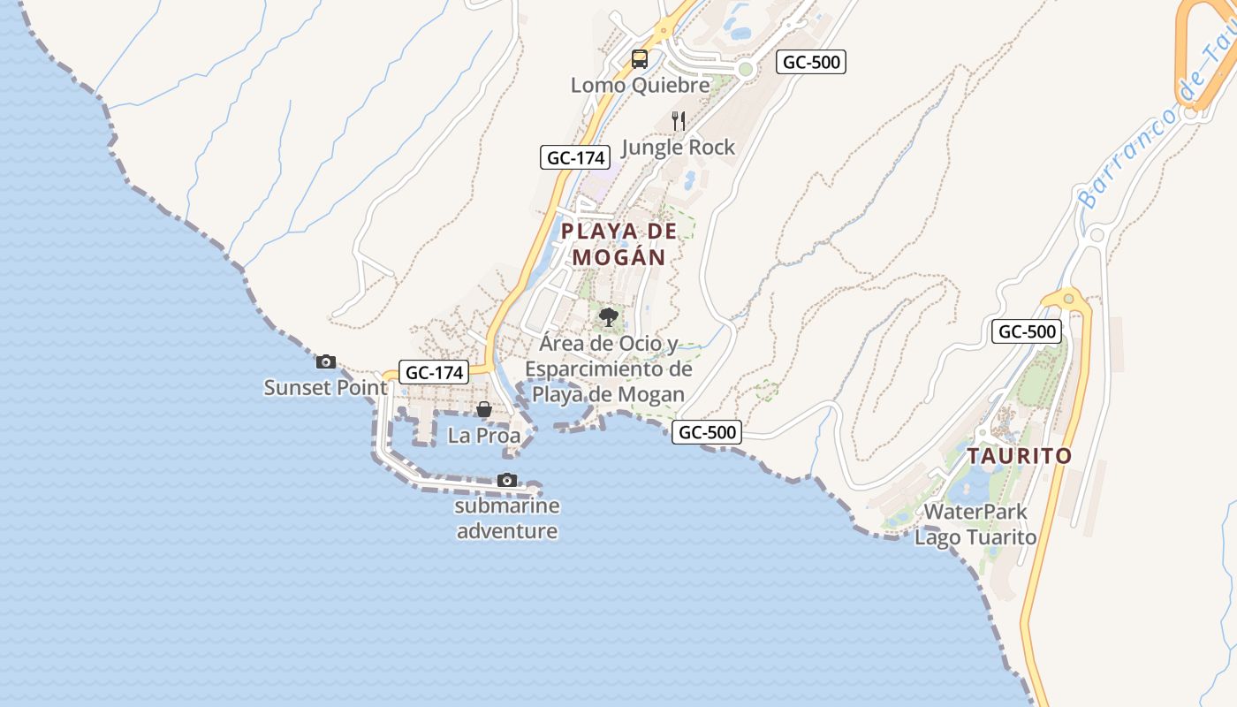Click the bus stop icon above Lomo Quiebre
tap(639, 59)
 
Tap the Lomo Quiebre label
tap(640, 86)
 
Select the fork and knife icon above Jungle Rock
tap(679, 121)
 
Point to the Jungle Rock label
tap(678, 148)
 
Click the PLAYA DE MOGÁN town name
tap(618, 244)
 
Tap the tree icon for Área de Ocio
tap(608, 317)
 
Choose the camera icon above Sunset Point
tap(326, 361)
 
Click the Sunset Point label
tap(325, 388)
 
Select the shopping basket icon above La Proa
tap(484, 409)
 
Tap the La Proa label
tap(484, 436)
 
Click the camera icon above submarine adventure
tap(506, 480)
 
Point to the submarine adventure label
tap(506, 519)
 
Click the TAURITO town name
tap(1019, 457)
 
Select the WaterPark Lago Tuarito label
tap(975, 524)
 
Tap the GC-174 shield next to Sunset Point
tap(433, 373)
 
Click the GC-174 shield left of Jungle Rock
tap(575, 158)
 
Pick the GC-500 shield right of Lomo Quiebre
tap(811, 62)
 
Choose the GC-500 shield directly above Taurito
tap(1027, 332)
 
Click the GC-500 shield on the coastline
tap(707, 433)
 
